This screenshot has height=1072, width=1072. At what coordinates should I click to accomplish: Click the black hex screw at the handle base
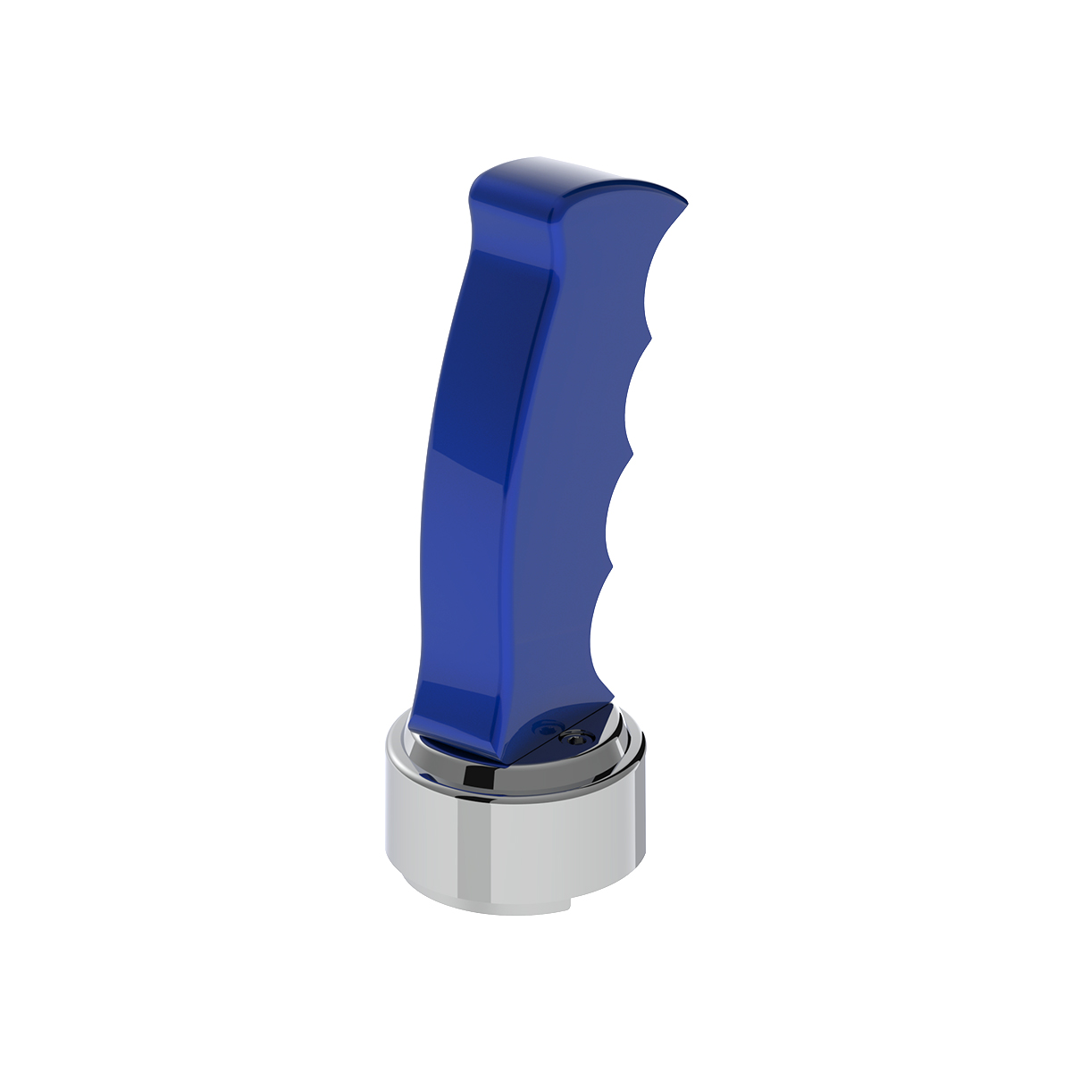point(570,738)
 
